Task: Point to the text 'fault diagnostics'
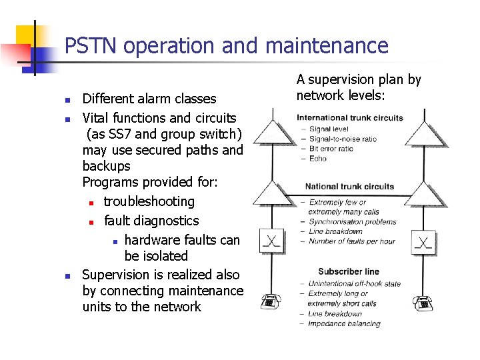click(x=151, y=220)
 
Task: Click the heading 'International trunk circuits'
click(x=350, y=118)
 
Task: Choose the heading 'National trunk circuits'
click(x=349, y=187)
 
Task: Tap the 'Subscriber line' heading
click(x=349, y=271)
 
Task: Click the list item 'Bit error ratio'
click(x=331, y=149)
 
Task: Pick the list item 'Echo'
click(x=317, y=159)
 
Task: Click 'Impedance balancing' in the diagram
click(x=344, y=324)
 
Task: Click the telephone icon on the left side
click(x=269, y=302)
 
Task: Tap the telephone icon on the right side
click(x=423, y=303)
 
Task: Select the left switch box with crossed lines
click(x=271, y=240)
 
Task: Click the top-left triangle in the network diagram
click(x=272, y=132)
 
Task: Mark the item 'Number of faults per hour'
click(x=351, y=241)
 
